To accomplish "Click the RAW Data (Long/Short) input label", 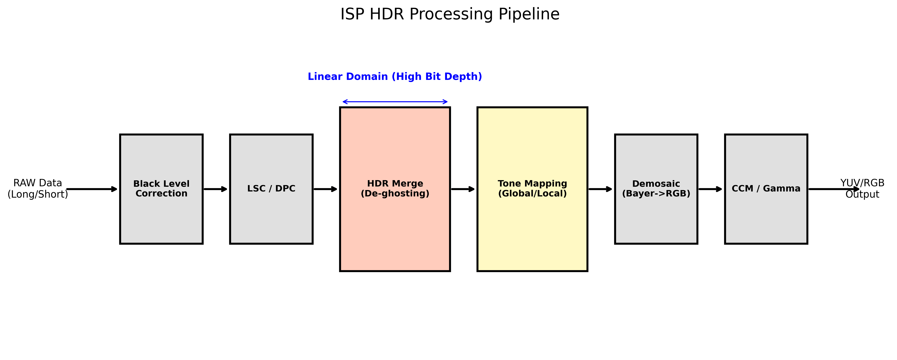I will [x=38, y=189].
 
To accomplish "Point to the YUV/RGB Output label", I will [x=862, y=189].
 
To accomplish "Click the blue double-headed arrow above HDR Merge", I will [x=395, y=102].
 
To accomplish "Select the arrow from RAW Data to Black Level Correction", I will [x=91, y=189].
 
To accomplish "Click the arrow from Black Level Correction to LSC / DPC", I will [x=215, y=189].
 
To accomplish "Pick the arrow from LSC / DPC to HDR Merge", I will [x=325, y=189].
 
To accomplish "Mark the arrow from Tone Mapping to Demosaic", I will [x=600, y=189].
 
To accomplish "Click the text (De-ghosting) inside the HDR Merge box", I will [x=395, y=194].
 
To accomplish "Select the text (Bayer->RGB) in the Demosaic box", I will [x=656, y=194].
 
